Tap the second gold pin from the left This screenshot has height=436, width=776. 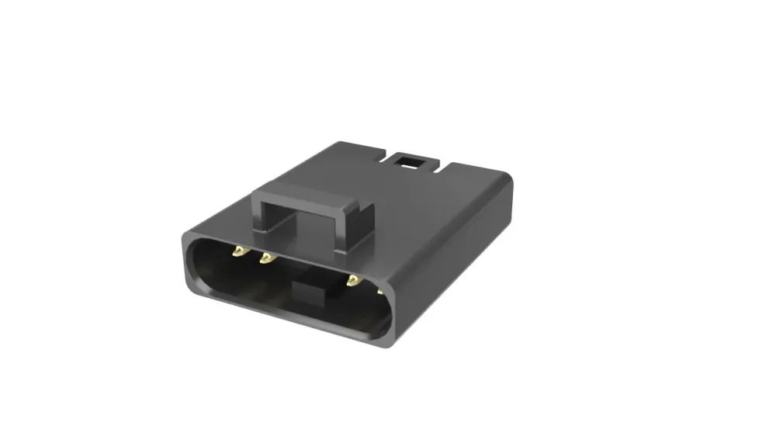coord(266,258)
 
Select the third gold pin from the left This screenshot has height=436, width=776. coord(353,280)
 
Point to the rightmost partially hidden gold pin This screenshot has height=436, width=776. coord(379,292)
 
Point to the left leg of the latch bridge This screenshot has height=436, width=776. coord(262,217)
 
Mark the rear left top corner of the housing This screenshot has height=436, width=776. coord(341,144)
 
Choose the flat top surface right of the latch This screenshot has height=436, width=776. coord(435,202)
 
